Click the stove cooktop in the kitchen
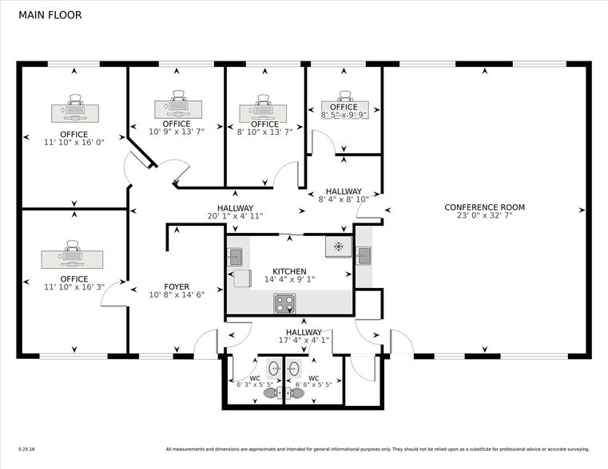pyautogui.click(x=284, y=303)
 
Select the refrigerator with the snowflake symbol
pyautogui.click(x=338, y=246)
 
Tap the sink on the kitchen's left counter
pyautogui.click(x=235, y=256)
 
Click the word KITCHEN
pyautogui.click(x=288, y=271)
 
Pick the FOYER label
pyautogui.click(x=177, y=286)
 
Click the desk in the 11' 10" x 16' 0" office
pyautogui.click(x=74, y=112)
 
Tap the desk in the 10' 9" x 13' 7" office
pyautogui.click(x=177, y=106)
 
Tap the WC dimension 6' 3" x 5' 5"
pyautogui.click(x=256, y=384)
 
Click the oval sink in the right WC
pyautogui.click(x=293, y=368)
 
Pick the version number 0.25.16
pyautogui.click(x=26, y=449)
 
